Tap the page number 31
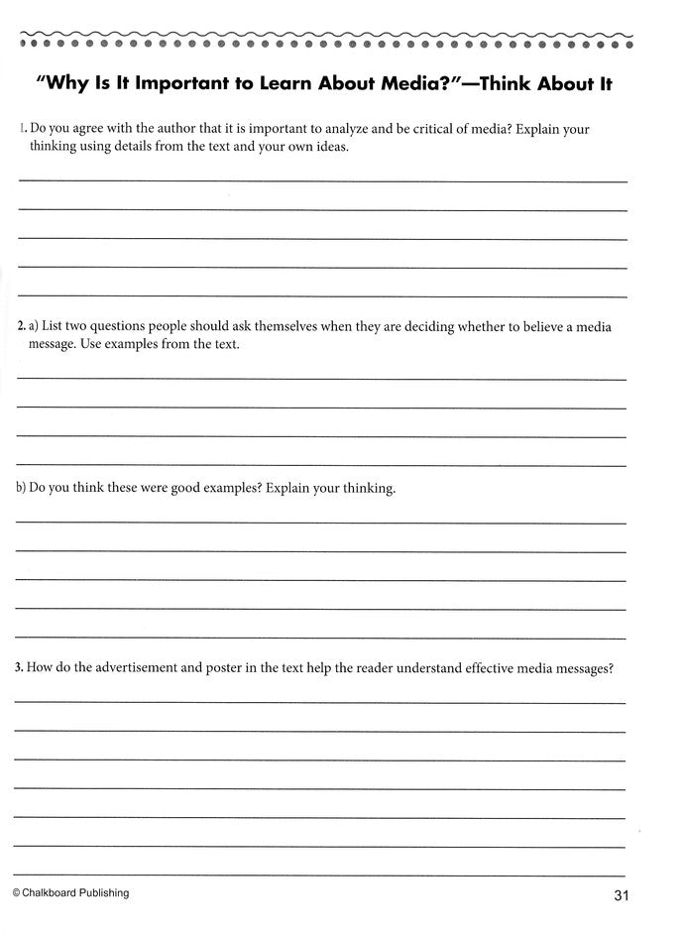pyautogui.click(x=623, y=896)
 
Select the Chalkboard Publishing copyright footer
pyautogui.click(x=70, y=892)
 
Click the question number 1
pyautogui.click(x=21, y=129)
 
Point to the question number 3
pyautogui.click(x=20, y=668)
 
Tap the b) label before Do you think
pyautogui.click(x=21, y=489)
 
